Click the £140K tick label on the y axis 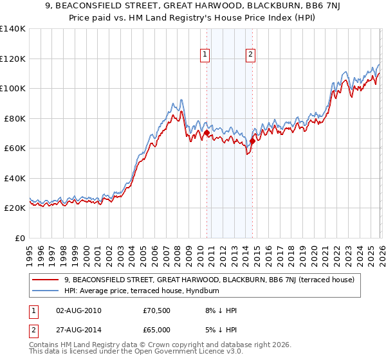[x=13, y=29]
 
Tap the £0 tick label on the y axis [x=21, y=238]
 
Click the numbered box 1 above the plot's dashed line [x=205, y=55]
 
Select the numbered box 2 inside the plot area [x=250, y=55]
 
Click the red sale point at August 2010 [x=207, y=133]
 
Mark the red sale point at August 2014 [x=252, y=141]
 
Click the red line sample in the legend [x=46, y=280]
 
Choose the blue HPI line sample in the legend [x=46, y=291]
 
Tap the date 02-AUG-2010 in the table [x=79, y=310]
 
